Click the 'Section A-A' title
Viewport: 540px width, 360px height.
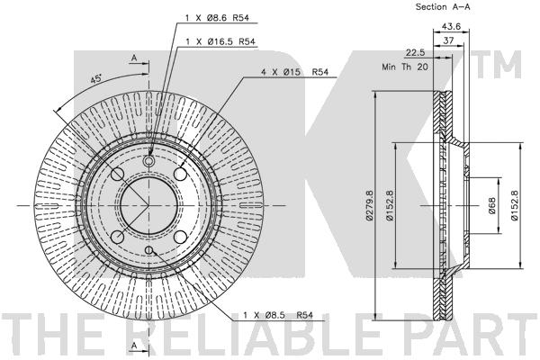click(443, 6)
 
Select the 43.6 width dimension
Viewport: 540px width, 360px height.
click(451, 26)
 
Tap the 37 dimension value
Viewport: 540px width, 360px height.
click(448, 40)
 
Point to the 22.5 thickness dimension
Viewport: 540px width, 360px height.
click(415, 53)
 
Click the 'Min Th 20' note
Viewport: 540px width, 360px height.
click(405, 67)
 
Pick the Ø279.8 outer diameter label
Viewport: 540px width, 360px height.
click(369, 205)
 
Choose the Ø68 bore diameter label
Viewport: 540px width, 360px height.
click(491, 205)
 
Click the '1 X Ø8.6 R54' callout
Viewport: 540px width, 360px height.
click(217, 18)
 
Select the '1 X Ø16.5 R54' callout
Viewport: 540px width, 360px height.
click(220, 41)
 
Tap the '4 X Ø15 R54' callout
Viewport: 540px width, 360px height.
click(295, 72)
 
